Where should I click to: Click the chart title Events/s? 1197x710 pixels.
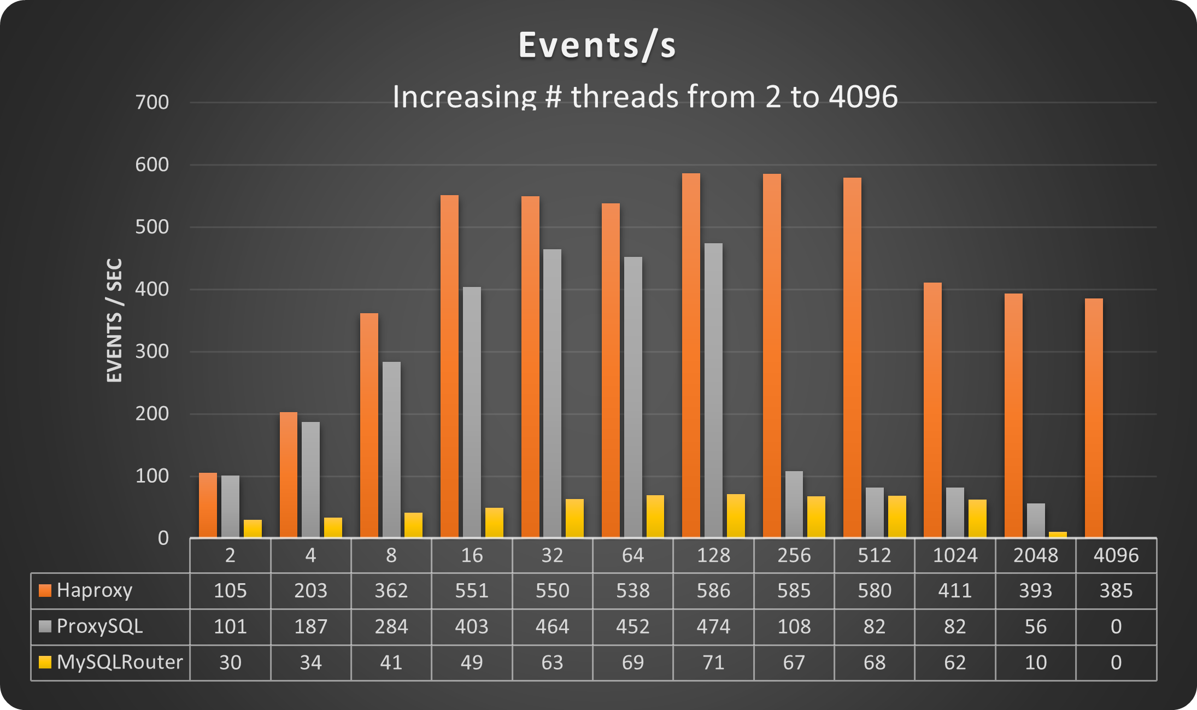pyautogui.click(x=597, y=45)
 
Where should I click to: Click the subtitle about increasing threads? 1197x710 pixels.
pyautogui.click(x=645, y=97)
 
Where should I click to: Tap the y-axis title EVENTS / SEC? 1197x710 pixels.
pyautogui.click(x=114, y=320)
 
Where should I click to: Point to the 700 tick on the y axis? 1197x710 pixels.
pyautogui.click(x=152, y=102)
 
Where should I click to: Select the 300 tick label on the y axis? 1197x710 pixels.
pyautogui.click(x=152, y=351)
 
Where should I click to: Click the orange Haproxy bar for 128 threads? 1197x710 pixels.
pyautogui.click(x=691, y=355)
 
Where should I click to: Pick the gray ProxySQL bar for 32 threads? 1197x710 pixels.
pyautogui.click(x=552, y=394)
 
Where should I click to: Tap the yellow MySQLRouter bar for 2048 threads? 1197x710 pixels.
pyautogui.click(x=1058, y=535)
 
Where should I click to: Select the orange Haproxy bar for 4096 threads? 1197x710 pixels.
pyautogui.click(x=1094, y=418)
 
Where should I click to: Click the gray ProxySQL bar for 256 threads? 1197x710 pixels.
pyautogui.click(x=794, y=504)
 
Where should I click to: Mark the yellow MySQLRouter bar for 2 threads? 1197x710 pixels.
pyautogui.click(x=253, y=529)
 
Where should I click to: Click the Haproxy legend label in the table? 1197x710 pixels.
pyautogui.click(x=94, y=590)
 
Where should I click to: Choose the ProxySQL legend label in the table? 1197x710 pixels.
pyautogui.click(x=99, y=626)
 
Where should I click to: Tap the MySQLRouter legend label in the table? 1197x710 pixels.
pyautogui.click(x=119, y=662)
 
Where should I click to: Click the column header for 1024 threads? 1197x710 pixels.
pyautogui.click(x=955, y=555)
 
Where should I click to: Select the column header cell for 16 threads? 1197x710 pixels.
pyautogui.click(x=472, y=555)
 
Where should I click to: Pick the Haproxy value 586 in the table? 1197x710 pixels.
pyautogui.click(x=713, y=590)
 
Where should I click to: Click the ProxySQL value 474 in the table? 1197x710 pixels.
pyautogui.click(x=713, y=626)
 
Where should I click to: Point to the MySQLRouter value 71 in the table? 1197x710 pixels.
pyautogui.click(x=713, y=662)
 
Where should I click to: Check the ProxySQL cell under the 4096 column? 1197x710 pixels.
pyautogui.click(x=1116, y=626)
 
